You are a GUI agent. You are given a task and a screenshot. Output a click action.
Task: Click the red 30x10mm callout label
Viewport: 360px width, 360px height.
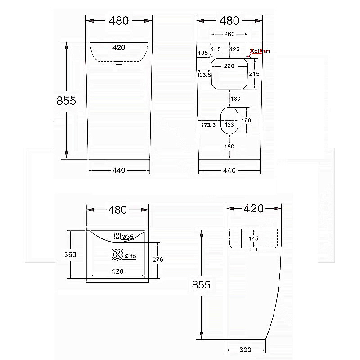tap(260, 51)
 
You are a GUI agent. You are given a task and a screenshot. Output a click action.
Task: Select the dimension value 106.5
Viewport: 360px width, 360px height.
tap(204, 75)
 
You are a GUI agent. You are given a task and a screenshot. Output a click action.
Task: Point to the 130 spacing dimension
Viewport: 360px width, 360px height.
tap(235, 99)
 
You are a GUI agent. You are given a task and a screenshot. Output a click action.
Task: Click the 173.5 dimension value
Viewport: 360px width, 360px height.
tap(208, 125)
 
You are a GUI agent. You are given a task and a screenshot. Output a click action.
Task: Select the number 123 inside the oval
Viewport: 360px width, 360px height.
tap(229, 125)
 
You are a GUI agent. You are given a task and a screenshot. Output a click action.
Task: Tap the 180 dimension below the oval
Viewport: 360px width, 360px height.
tap(229, 146)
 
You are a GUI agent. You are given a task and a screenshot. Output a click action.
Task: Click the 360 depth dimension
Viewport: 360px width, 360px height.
tap(70, 254)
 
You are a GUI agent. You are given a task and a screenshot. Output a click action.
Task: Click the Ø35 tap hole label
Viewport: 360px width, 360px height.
tap(128, 237)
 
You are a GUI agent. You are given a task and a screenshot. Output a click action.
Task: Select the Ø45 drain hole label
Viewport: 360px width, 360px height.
tap(130, 256)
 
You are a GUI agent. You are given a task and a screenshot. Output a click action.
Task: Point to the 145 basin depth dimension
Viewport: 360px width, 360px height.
tap(254, 239)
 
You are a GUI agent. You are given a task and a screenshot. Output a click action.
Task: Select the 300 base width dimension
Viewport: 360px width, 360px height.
tap(245, 350)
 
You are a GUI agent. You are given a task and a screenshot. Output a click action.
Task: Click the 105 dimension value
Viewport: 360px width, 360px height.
tap(203, 53)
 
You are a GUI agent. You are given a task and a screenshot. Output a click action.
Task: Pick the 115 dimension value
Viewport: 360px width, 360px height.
tap(216, 49)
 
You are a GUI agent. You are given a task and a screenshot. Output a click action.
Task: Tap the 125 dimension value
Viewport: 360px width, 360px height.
tap(234, 49)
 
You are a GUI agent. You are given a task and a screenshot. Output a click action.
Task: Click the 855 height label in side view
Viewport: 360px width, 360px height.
tap(201, 285)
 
